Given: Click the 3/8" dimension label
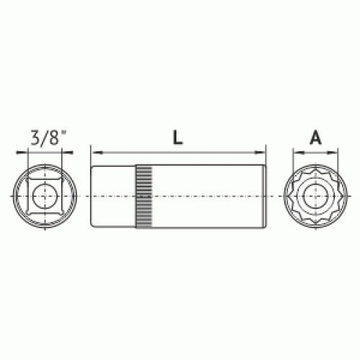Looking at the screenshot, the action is click(48, 138).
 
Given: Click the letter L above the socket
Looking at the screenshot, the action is click(178, 138).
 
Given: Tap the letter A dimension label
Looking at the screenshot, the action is click(315, 138).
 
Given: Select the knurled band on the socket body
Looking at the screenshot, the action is click(144, 197).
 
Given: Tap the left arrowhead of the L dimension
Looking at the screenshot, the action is click(97, 152).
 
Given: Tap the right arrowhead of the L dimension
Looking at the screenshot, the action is click(260, 152).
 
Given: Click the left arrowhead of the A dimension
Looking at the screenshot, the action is click(299, 152).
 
